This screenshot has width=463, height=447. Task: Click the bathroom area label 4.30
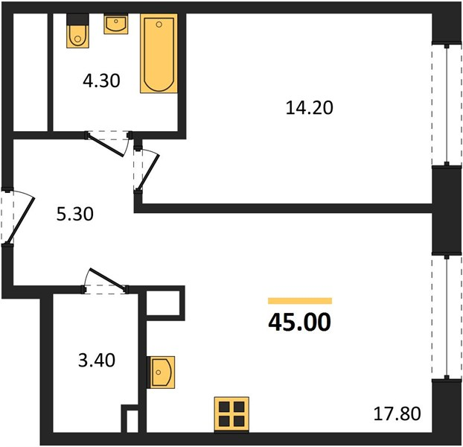coord(101,80)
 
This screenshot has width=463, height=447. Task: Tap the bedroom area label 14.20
coord(309,107)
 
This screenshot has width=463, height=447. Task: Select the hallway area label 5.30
coord(74,214)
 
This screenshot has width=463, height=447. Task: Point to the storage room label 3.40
coord(97,361)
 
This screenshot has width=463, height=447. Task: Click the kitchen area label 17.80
coord(397,413)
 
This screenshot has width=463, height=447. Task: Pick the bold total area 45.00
coord(299,323)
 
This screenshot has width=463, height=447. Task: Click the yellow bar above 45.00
coord(300,301)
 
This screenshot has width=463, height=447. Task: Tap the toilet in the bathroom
coord(77,36)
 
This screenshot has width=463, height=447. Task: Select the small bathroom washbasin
coord(116,24)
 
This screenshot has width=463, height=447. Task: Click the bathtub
coord(159,53)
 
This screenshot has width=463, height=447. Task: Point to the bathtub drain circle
coord(159,25)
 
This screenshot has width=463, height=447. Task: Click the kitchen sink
coord(161,372)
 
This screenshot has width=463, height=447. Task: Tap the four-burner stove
coord(231,414)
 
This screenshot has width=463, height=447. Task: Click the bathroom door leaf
coord(106,145)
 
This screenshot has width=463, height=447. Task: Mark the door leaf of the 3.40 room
coord(107,278)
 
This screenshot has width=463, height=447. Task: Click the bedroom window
coord(447,105)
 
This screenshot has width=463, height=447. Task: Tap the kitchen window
coord(447,317)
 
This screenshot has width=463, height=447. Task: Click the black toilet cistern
coord(77,19)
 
